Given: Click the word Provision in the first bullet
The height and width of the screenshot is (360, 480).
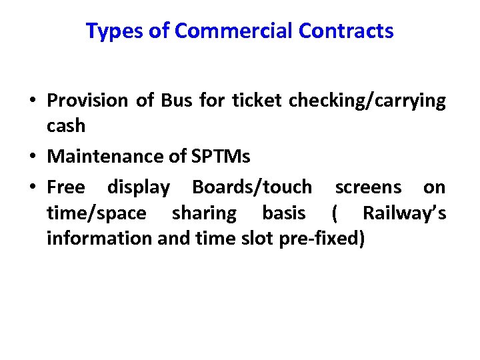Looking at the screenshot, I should point(87,101).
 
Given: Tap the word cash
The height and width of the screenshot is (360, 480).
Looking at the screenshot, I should point(66,125).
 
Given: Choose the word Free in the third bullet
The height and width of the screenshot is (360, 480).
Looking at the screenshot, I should point(66,187).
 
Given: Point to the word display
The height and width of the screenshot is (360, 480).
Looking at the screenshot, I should point(139,188).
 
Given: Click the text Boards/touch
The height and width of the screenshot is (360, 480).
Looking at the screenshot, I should point(251,187).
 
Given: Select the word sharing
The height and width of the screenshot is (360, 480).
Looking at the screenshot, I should point(204,213).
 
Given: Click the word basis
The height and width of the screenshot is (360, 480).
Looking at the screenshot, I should point(284,213).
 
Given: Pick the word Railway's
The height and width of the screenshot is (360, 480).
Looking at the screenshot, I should point(404,213).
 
